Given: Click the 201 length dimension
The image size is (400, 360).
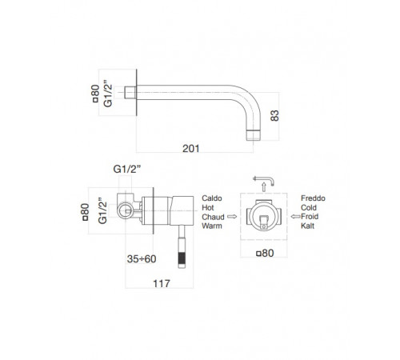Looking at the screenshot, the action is click(191, 149).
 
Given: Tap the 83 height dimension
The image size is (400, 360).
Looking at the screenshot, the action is click(274, 115).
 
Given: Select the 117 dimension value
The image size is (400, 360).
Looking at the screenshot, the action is click(162, 283).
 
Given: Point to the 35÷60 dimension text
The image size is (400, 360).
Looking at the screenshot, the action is click(142, 259).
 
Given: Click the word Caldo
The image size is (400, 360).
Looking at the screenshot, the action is click(212, 198).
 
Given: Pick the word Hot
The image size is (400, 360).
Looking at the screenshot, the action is click(208, 207).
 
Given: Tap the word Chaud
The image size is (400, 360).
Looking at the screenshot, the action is click(213, 217).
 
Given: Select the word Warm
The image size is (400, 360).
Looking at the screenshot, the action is click(212, 226).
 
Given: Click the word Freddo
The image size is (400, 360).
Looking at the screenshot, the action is click(313, 198).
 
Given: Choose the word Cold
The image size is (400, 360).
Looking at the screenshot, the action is click(309, 207).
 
